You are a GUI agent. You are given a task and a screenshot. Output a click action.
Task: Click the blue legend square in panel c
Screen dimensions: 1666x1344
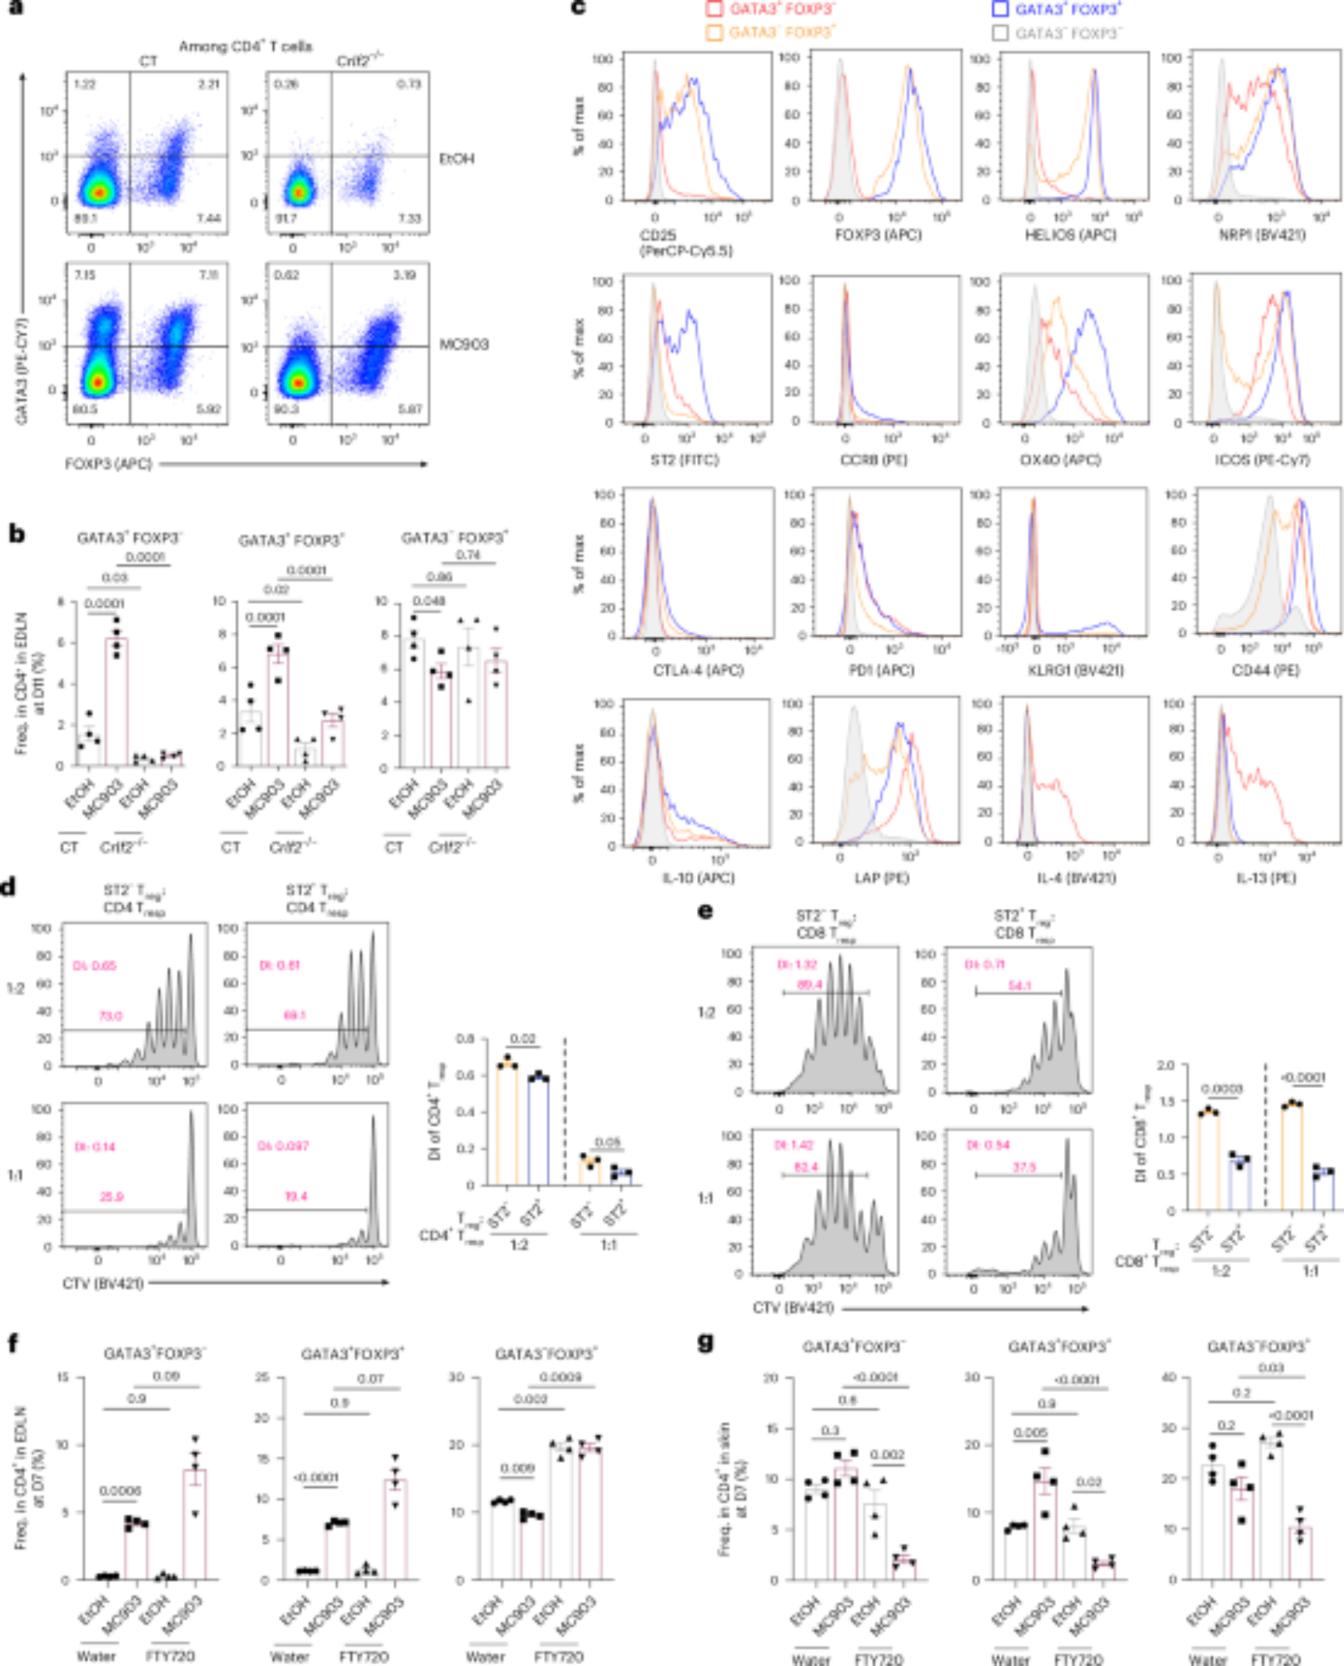tap(1000, 9)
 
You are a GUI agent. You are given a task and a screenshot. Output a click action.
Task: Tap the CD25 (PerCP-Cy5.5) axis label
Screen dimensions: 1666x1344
tap(685, 243)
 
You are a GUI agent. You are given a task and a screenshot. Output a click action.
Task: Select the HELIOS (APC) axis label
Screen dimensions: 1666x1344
tap(1070, 236)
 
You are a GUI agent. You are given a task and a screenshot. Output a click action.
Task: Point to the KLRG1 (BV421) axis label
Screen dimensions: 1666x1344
tap(1078, 670)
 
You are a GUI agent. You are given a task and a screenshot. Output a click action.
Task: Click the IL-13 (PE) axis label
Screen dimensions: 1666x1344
tap(1266, 878)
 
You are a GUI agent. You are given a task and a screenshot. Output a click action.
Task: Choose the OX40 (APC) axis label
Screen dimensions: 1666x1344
tap(1058, 460)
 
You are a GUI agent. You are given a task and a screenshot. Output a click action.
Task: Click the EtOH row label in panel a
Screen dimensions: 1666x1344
tap(456, 158)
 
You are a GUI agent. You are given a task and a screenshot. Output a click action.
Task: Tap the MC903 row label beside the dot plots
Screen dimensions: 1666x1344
tap(464, 344)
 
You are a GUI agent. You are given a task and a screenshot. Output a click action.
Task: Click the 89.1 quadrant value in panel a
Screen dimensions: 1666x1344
tap(85, 218)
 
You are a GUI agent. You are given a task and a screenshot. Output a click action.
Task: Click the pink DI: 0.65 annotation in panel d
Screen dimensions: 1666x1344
tap(94, 966)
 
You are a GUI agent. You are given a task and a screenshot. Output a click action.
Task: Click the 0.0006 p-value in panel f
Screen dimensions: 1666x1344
tap(120, 1491)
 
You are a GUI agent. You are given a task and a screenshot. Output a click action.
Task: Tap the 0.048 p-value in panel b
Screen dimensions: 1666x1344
tap(429, 601)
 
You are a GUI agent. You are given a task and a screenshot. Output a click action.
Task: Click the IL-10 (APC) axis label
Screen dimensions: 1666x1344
tap(698, 877)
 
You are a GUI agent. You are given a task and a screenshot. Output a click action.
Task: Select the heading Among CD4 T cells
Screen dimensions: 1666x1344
tap(246, 47)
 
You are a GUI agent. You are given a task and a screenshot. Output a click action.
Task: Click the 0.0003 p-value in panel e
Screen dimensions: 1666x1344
tap(1222, 1089)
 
